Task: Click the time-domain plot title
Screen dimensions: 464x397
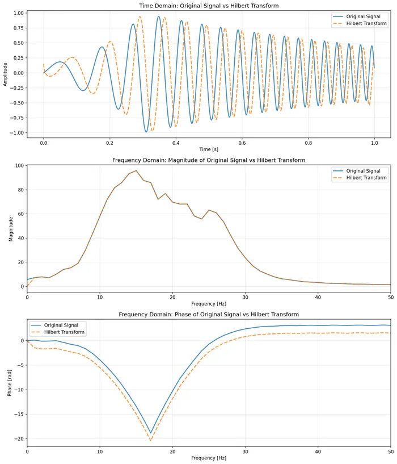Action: [209, 6]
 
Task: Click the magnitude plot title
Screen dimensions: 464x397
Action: [209, 160]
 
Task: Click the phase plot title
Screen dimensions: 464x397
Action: [209, 314]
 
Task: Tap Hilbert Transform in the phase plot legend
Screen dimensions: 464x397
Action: [65, 332]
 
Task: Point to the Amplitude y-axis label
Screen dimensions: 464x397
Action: [6, 73]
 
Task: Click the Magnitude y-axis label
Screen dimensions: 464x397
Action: [10, 226]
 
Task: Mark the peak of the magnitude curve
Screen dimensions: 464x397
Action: [136, 171]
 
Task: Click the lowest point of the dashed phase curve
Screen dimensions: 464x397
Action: [151, 440]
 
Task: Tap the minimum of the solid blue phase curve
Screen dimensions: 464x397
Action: [151, 433]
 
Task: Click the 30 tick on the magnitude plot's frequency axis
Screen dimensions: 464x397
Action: [245, 296]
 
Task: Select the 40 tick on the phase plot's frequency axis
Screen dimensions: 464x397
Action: [318, 451]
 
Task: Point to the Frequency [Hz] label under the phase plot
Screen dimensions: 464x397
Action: [209, 458]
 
